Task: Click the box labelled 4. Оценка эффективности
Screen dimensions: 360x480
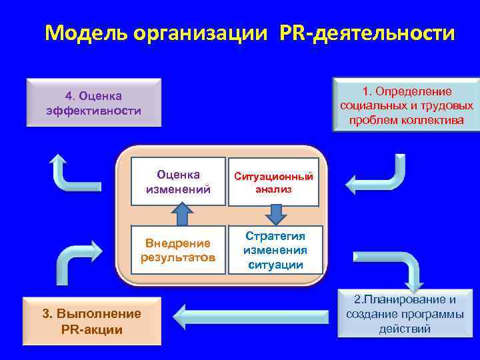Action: point(93,103)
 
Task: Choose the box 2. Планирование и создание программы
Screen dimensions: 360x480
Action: point(405,313)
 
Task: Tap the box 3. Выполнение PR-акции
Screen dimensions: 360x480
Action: point(92,321)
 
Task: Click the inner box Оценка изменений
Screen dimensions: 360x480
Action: point(178,181)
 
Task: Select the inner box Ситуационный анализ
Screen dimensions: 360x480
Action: point(273,182)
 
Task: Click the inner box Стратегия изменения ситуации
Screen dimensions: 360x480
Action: point(275,250)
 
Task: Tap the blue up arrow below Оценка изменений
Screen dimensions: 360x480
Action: point(181,215)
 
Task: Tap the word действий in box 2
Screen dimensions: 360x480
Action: point(405,329)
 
